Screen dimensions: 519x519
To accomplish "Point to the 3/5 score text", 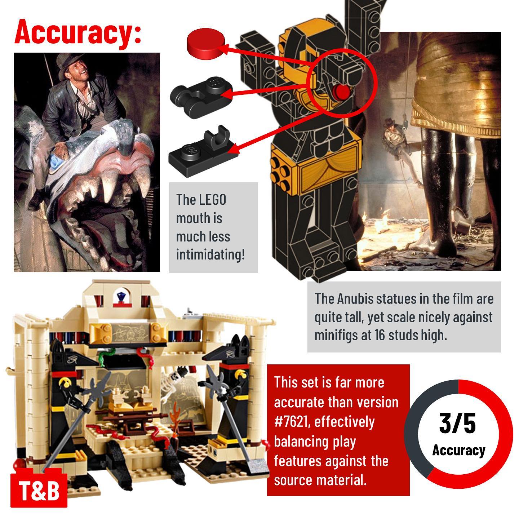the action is [x=457, y=423].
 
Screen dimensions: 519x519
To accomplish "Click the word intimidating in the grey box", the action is [x=210, y=254].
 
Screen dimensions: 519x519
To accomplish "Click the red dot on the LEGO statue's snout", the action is [x=341, y=92].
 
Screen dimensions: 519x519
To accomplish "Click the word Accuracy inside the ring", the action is [x=459, y=450].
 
